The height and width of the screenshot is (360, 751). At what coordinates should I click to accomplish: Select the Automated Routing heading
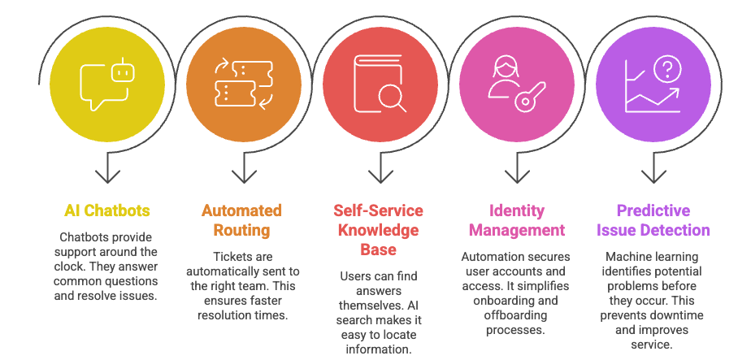click(242, 220)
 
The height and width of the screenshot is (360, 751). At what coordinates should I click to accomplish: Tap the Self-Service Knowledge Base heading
click(377, 230)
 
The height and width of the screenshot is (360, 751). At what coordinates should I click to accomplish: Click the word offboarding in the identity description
click(514, 315)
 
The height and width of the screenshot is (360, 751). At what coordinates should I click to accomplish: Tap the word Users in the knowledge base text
click(356, 276)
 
